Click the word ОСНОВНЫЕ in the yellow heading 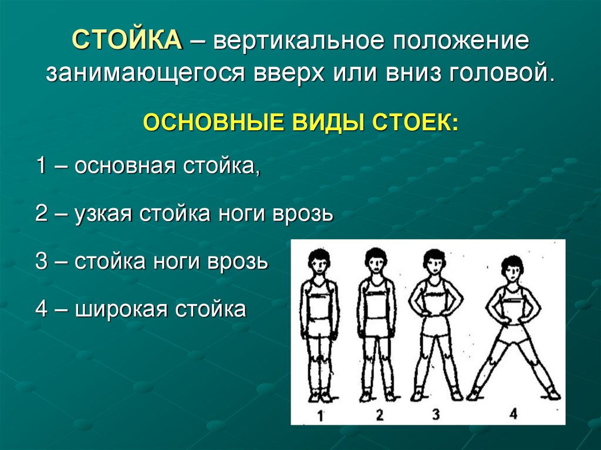click(215, 125)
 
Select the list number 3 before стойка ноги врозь click(41, 260)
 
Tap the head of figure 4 click(513, 268)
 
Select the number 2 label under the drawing click(379, 415)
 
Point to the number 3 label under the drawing click(435, 414)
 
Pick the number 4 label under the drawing click(513, 414)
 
